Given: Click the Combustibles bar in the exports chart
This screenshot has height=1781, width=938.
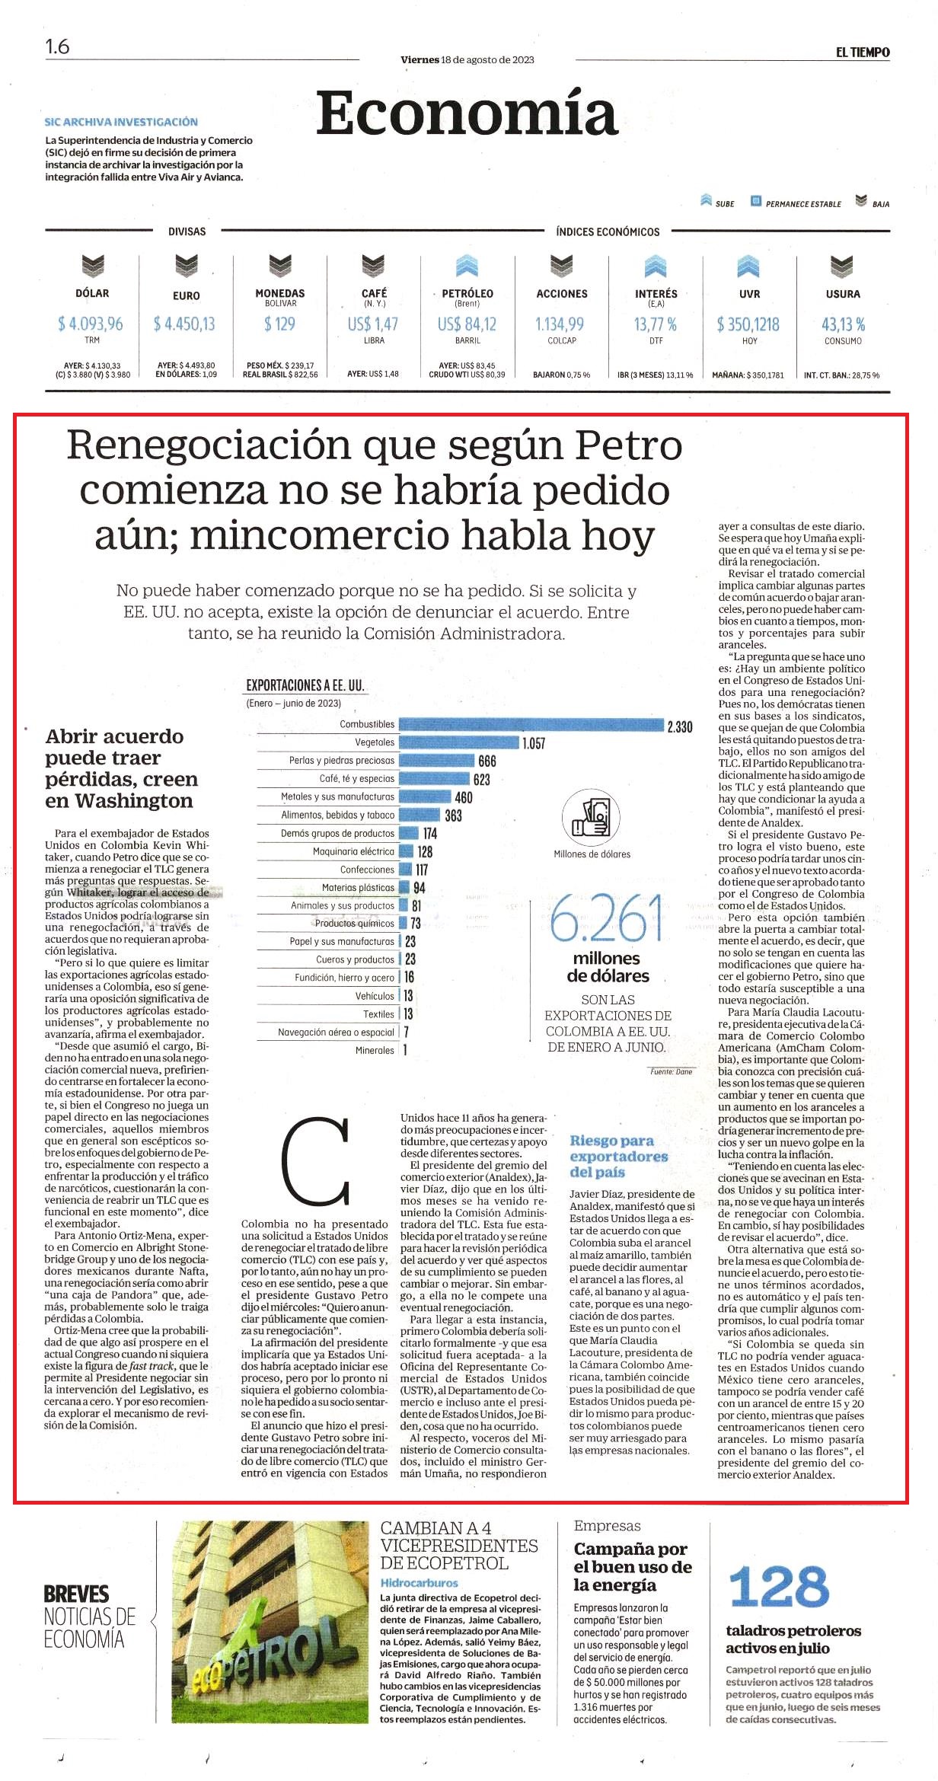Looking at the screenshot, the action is click(x=531, y=724).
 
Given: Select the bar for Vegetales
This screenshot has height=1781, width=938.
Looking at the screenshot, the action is click(x=459, y=742).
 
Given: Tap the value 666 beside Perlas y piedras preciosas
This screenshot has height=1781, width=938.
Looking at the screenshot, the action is click(x=487, y=761).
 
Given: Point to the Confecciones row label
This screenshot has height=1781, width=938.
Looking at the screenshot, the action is click(x=368, y=870).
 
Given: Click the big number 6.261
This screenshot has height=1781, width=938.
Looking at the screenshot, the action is click(x=606, y=918).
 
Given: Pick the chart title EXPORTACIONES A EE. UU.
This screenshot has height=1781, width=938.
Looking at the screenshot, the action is click(x=305, y=685).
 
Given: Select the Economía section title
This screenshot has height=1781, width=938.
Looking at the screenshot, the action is click(x=466, y=113).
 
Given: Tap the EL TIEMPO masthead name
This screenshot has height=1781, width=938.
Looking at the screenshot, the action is click(x=863, y=53).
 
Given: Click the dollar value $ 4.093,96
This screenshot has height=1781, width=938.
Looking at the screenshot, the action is click(x=91, y=324).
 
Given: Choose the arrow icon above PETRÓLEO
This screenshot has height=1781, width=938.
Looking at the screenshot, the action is click(x=467, y=266).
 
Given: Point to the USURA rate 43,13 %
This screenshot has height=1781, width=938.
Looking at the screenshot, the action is click(x=843, y=324).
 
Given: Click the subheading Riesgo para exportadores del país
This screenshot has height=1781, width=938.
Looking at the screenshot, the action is click(x=619, y=1156).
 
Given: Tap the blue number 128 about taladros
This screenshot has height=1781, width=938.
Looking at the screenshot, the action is click(x=779, y=1587).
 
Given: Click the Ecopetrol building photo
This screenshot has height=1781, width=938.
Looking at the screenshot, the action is click(x=270, y=1622).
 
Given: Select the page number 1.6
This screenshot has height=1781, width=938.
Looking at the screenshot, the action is click(x=57, y=47).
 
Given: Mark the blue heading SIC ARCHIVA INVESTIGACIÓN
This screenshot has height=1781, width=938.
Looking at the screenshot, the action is click(x=121, y=122).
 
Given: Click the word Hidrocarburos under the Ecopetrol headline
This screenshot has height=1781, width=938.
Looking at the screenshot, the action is click(x=420, y=1582).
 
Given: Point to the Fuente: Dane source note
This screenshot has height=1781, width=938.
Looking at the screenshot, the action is click(x=671, y=1071).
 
